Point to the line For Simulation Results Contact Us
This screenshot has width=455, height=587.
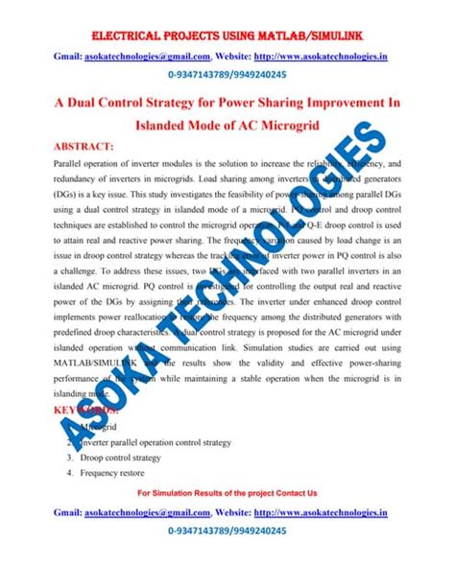227,492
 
